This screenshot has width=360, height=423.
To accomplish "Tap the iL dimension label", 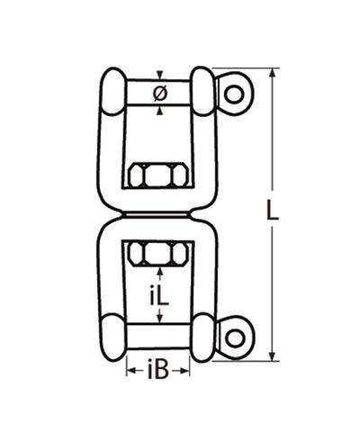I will point(159,294).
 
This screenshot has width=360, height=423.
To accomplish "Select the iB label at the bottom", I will point(157,368).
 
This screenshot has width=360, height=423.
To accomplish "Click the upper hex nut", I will point(159,173).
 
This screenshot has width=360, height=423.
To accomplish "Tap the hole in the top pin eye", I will point(235,92).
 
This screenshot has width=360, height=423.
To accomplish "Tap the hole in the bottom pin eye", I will point(235,337).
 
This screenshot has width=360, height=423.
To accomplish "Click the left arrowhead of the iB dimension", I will point(129,368).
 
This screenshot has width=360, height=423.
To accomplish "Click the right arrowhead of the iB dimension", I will point(188,368).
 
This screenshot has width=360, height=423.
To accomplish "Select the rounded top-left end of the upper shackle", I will point(112,91).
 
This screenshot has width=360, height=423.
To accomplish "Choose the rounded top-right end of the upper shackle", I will point(203,91).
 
